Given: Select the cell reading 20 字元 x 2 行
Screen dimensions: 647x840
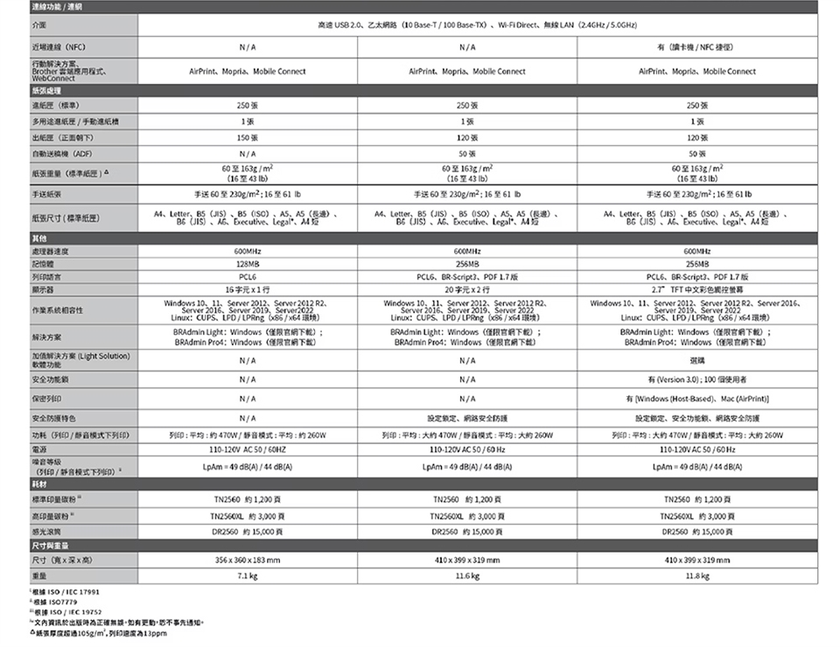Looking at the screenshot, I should point(467,287).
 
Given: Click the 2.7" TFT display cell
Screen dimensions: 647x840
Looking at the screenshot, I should point(697,287).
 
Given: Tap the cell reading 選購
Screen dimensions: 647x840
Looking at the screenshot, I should point(697,359).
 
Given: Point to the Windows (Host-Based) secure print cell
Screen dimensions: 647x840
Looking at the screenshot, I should point(697,399).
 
